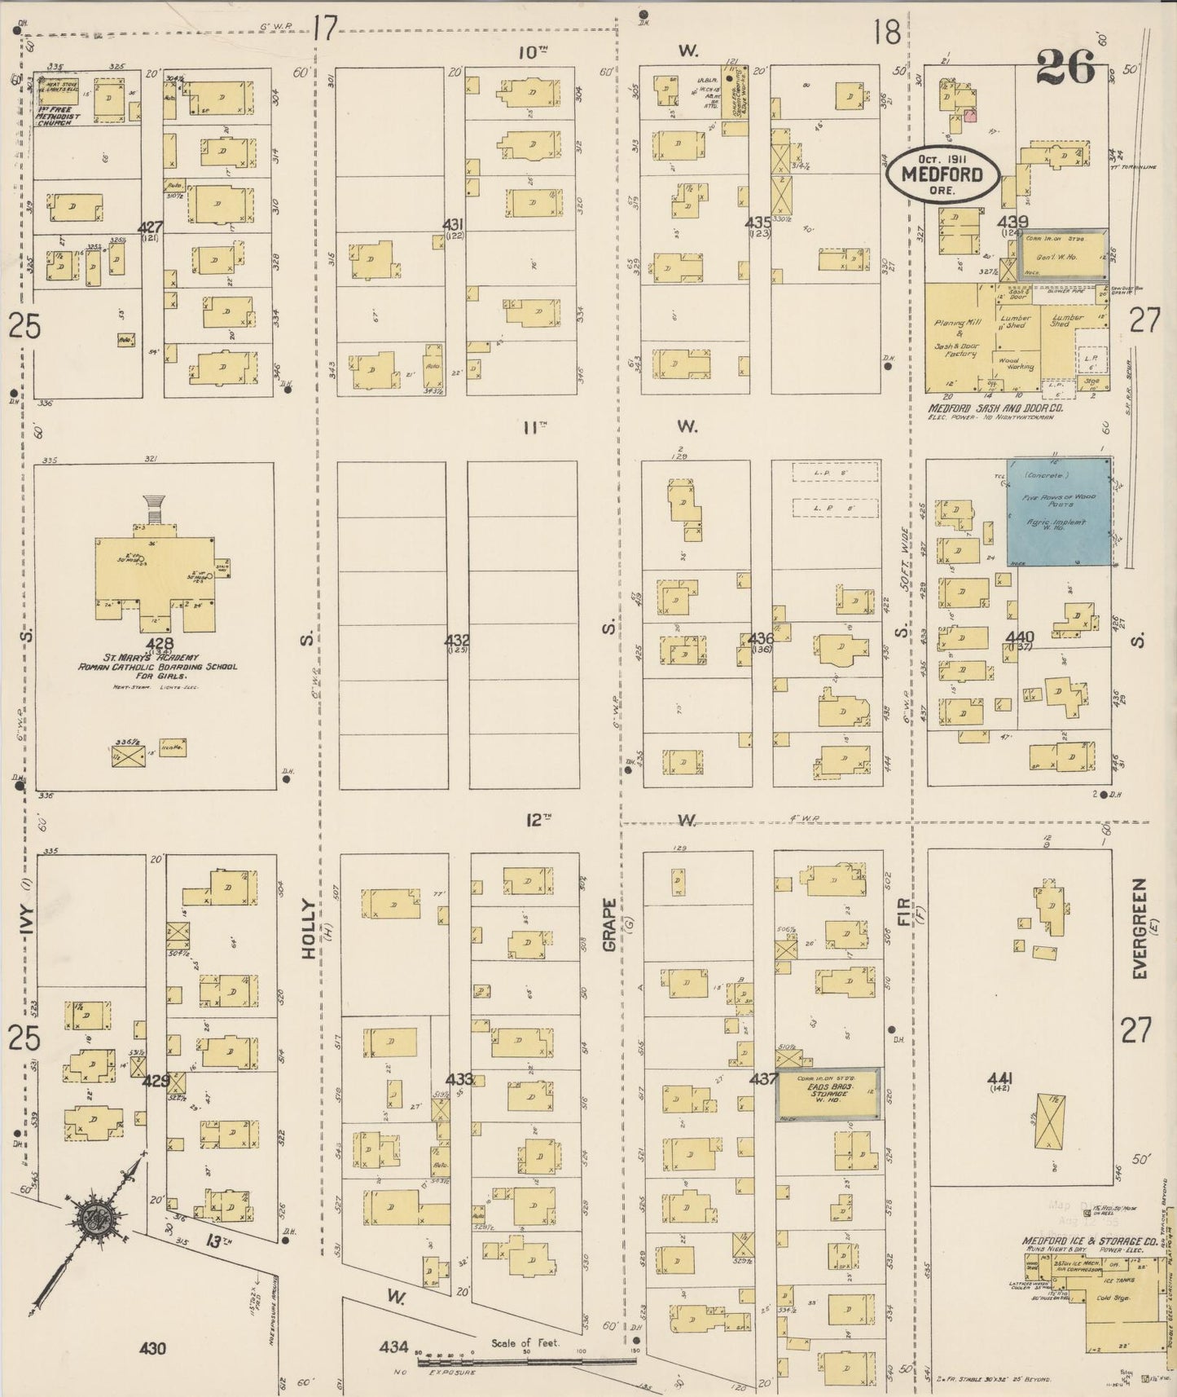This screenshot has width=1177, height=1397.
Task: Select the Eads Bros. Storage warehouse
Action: [828, 1094]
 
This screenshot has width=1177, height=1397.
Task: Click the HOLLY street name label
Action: [309, 928]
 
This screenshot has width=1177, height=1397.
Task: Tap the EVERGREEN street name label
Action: [1140, 928]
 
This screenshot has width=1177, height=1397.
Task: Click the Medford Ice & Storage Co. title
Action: [1089, 1242]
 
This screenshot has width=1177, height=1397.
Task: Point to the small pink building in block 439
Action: [969, 116]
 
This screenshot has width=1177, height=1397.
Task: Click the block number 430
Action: [152, 1349]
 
